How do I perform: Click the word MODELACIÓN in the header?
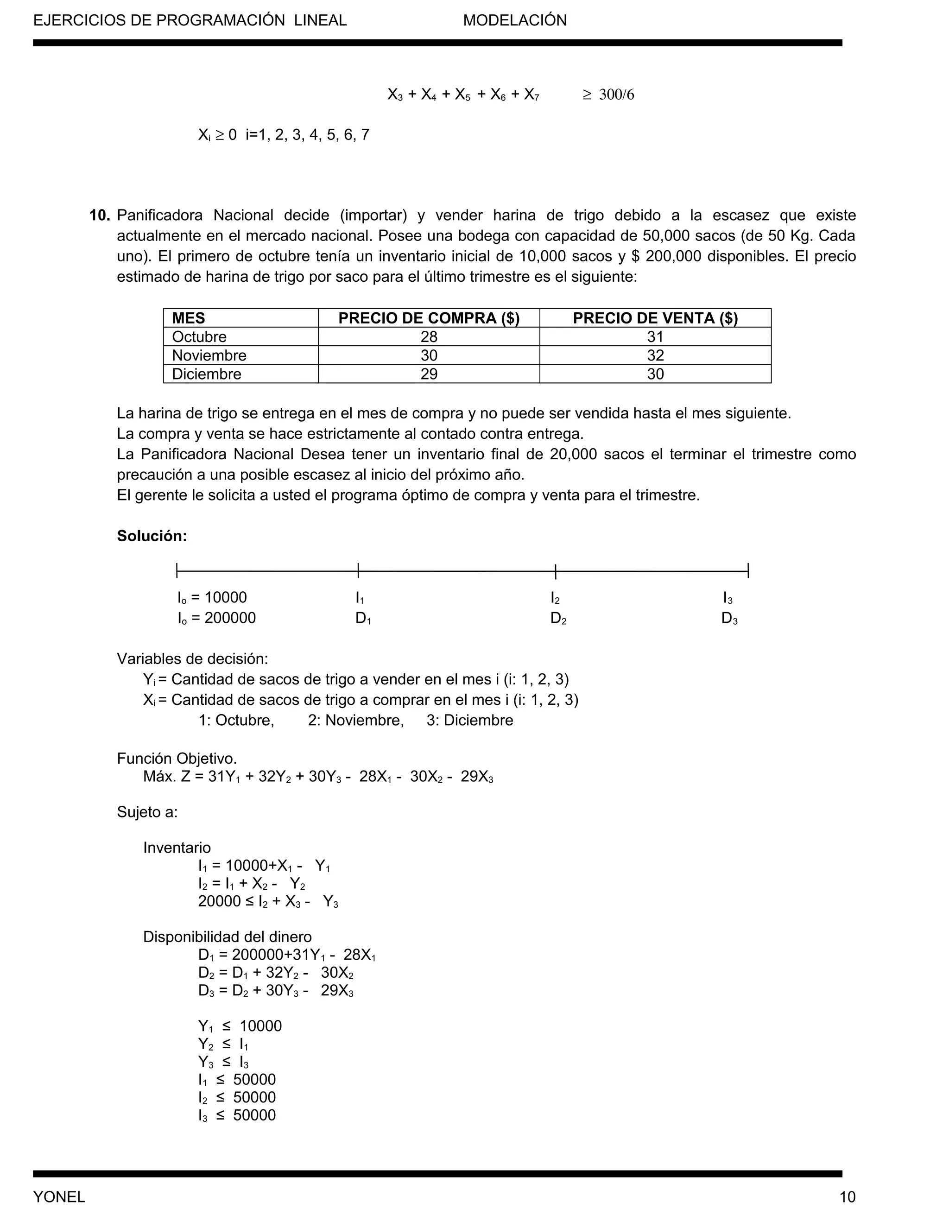pyautogui.click(x=514, y=21)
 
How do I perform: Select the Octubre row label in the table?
pyautogui.click(x=199, y=337)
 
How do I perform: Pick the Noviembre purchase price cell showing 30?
pyautogui.click(x=429, y=355)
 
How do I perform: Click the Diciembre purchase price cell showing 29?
pyautogui.click(x=429, y=374)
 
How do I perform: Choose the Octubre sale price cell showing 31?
pyautogui.click(x=655, y=337)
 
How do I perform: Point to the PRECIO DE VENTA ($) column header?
pyautogui.click(x=655, y=318)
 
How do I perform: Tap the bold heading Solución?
pyautogui.click(x=152, y=536)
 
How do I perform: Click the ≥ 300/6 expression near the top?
pyautogui.click(x=608, y=95)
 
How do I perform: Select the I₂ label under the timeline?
pyautogui.click(x=555, y=598)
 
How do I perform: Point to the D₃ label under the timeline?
pyautogui.click(x=729, y=619)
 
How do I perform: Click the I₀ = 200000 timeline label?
pyautogui.click(x=216, y=618)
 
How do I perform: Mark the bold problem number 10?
pyautogui.click(x=100, y=215)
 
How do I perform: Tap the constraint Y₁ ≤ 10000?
pyautogui.click(x=240, y=1026)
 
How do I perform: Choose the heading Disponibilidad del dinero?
pyautogui.click(x=227, y=937)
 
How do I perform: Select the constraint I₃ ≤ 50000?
pyautogui.click(x=237, y=1115)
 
